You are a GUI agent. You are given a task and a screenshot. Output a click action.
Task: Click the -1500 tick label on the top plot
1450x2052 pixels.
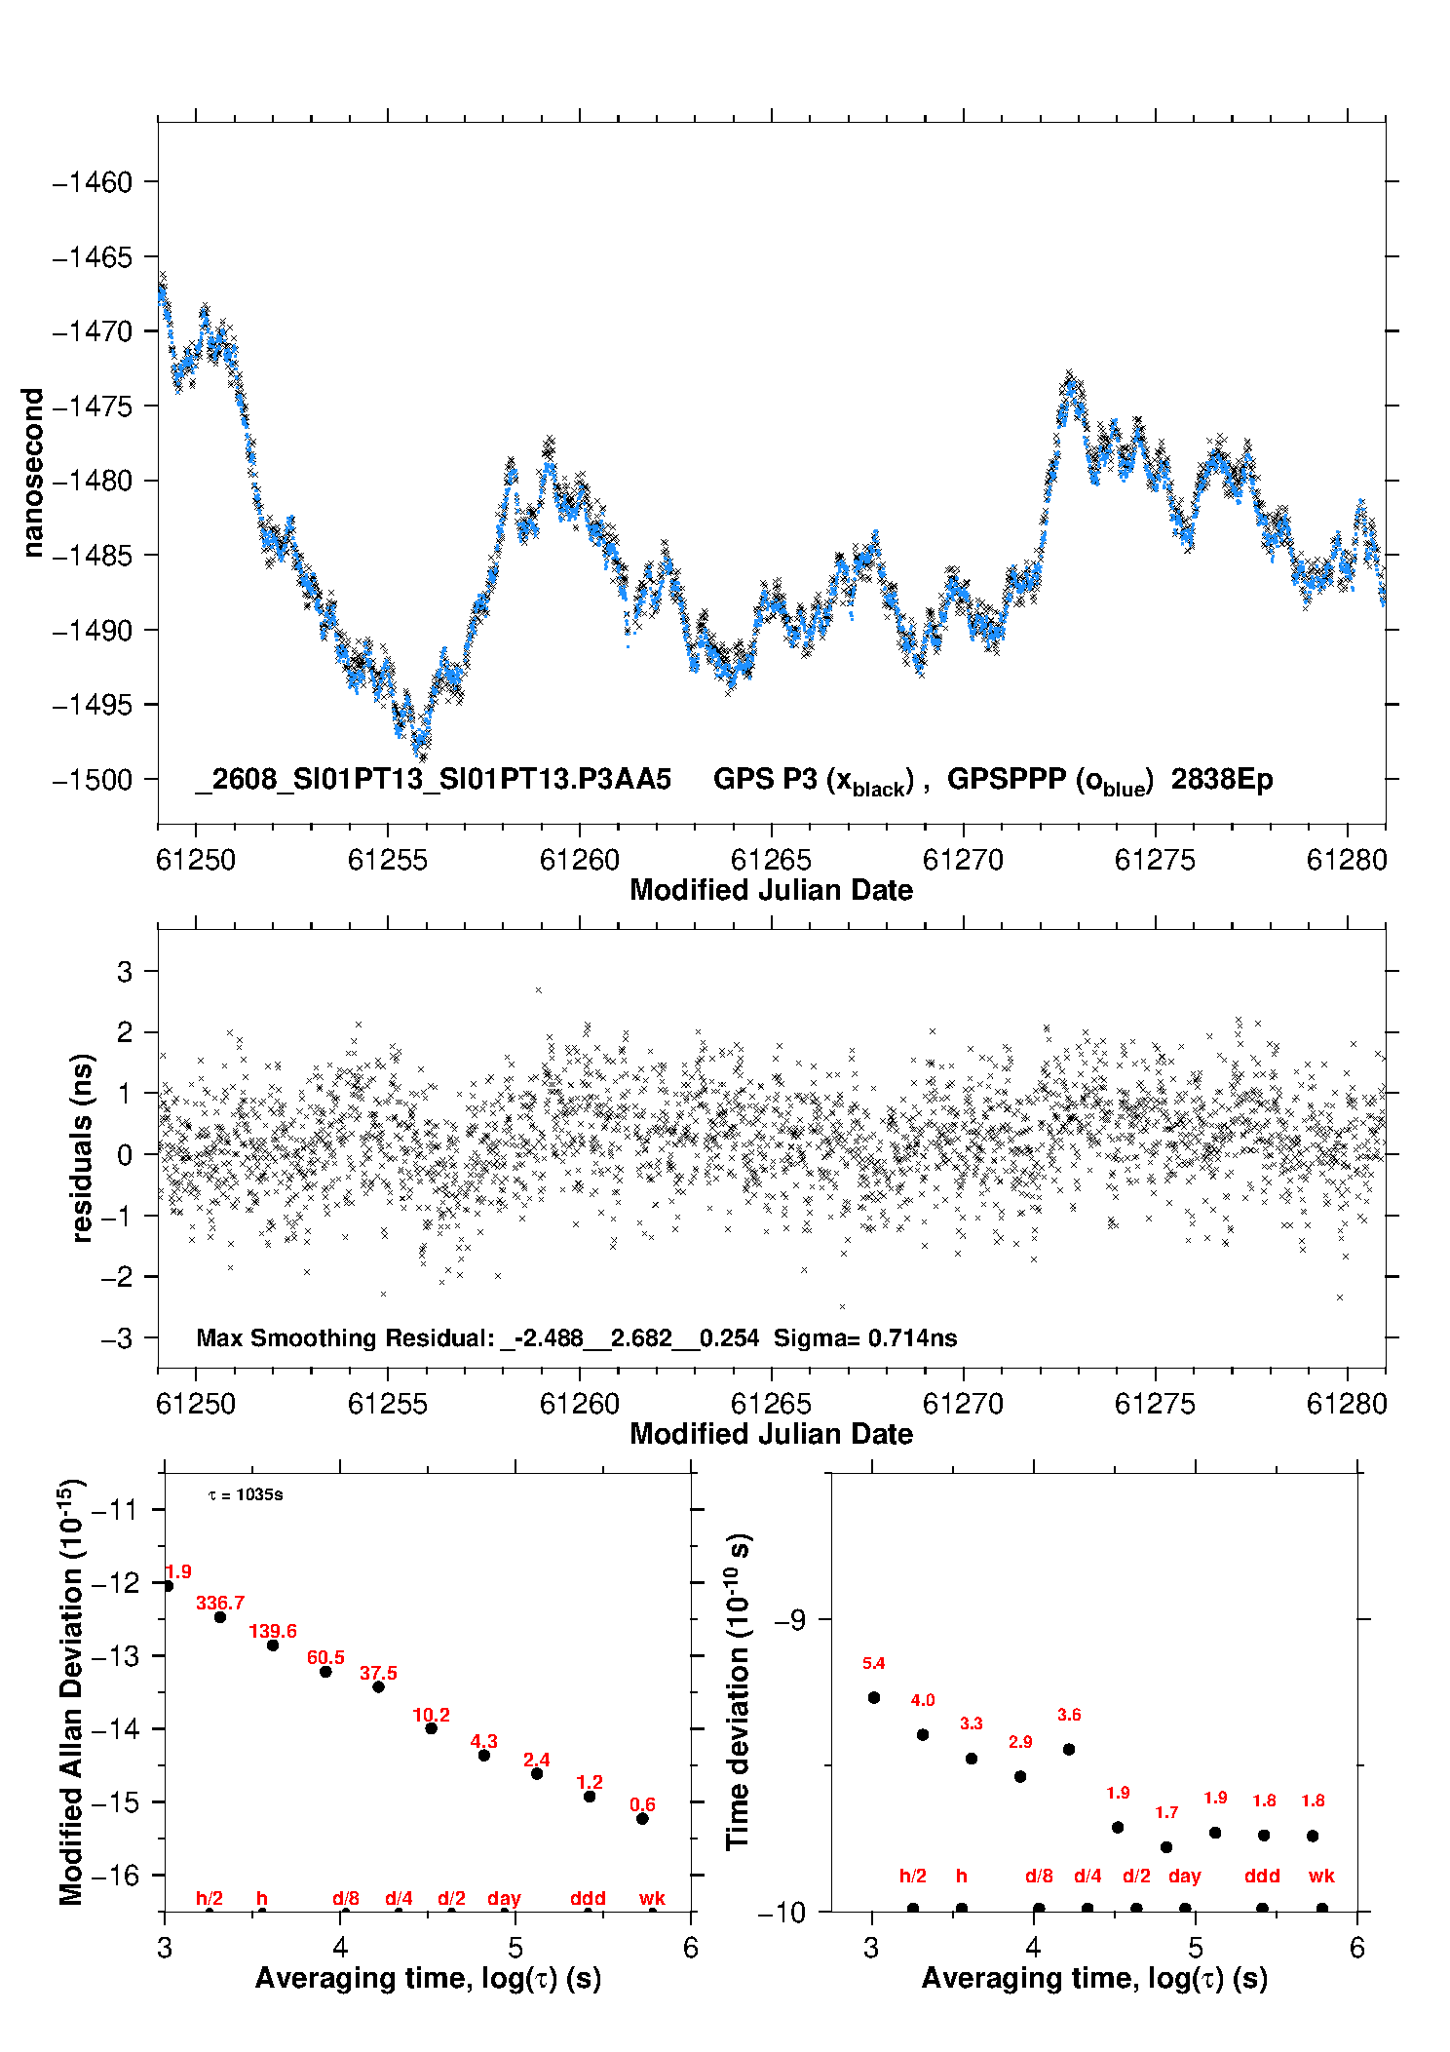pyautogui.click(x=92, y=780)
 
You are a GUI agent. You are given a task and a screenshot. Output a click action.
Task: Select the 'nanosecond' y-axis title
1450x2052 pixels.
pyautogui.click(x=32, y=473)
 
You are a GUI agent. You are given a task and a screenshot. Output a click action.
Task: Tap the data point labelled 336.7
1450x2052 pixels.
pyautogui.click(x=220, y=1617)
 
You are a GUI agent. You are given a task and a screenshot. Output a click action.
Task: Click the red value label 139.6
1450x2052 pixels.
pyautogui.click(x=273, y=1631)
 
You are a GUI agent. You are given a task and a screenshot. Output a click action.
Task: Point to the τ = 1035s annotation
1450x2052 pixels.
pyautogui.click(x=246, y=1494)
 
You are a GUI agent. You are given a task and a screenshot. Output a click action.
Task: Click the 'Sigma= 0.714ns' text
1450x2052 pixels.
pyautogui.click(x=865, y=1337)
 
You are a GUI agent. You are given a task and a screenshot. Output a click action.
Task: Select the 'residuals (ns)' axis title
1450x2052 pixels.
pyautogui.click(x=83, y=1147)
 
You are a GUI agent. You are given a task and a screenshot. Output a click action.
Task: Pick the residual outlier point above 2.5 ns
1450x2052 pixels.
pyautogui.click(x=538, y=990)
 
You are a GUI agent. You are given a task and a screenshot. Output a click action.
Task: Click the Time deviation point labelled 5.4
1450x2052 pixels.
pyautogui.click(x=874, y=1697)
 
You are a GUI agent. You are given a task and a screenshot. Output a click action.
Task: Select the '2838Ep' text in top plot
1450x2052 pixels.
pyautogui.click(x=1222, y=779)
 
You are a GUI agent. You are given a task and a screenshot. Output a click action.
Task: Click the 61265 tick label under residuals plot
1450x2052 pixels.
pyautogui.click(x=771, y=1404)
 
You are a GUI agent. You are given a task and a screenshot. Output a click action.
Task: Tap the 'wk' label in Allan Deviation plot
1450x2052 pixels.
pyautogui.click(x=652, y=1898)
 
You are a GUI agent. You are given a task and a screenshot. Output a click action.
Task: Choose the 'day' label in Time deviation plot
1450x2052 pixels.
pyautogui.click(x=1185, y=1876)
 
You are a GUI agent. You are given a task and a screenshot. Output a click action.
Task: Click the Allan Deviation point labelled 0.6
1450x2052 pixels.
pyautogui.click(x=642, y=1818)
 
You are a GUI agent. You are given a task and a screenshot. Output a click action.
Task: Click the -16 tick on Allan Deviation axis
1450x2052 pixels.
pyautogui.click(x=115, y=1875)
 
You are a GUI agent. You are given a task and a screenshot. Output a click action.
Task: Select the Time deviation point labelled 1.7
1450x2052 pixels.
pyautogui.click(x=1166, y=1847)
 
